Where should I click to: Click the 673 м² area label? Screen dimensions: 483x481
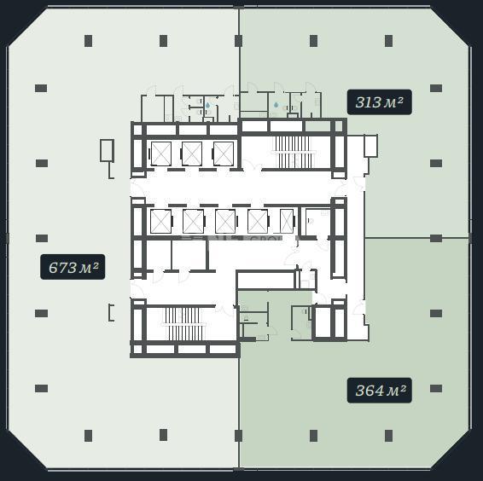tap(73, 267)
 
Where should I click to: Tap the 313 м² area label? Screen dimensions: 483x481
tap(379, 102)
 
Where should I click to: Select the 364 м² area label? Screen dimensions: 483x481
tap(379, 390)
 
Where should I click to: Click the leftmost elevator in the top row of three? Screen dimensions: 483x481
tap(160, 154)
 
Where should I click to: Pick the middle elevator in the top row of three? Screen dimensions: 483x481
tap(192, 154)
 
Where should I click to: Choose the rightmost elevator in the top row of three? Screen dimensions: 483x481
tap(224, 154)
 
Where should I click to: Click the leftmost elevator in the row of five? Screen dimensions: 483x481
tap(160, 221)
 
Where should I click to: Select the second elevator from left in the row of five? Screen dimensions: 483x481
tap(193, 221)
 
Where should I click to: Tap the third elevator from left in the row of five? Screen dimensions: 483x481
tap(225, 221)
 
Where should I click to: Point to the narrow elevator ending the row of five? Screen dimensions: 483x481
tap(287, 221)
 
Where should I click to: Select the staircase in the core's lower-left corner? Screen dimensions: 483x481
tap(183, 323)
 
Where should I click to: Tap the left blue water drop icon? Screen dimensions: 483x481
tap(208, 105)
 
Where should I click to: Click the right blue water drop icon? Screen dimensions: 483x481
tap(276, 105)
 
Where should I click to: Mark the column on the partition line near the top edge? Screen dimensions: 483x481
tap(238, 41)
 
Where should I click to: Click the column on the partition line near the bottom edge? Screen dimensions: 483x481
tap(238, 436)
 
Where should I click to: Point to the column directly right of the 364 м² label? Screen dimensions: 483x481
tap(436, 388)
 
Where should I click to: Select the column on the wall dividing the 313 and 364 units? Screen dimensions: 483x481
tap(436, 238)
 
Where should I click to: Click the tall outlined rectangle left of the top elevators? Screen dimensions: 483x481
tap(107, 150)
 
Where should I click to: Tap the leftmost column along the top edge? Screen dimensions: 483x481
tap(89, 41)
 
